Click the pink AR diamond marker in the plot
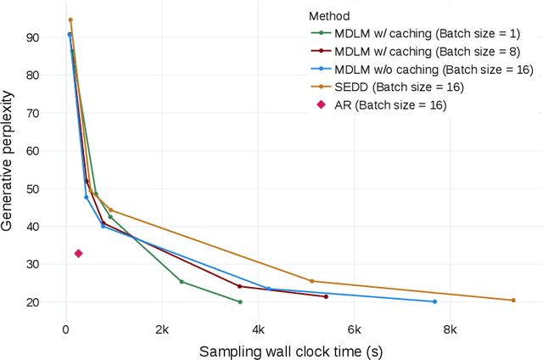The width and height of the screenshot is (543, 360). click(78, 253)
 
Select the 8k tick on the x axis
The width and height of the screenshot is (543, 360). click(450, 330)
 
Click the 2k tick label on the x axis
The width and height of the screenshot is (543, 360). click(161, 330)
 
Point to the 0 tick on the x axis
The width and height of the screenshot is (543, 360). click(65, 330)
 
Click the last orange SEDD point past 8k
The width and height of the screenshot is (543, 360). click(513, 300)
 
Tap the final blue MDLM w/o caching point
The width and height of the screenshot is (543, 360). click(434, 301)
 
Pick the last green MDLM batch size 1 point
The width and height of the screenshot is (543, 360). click(240, 301)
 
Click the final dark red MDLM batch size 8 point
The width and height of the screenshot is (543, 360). click(326, 296)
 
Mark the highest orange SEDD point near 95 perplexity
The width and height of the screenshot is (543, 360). click(70, 20)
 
